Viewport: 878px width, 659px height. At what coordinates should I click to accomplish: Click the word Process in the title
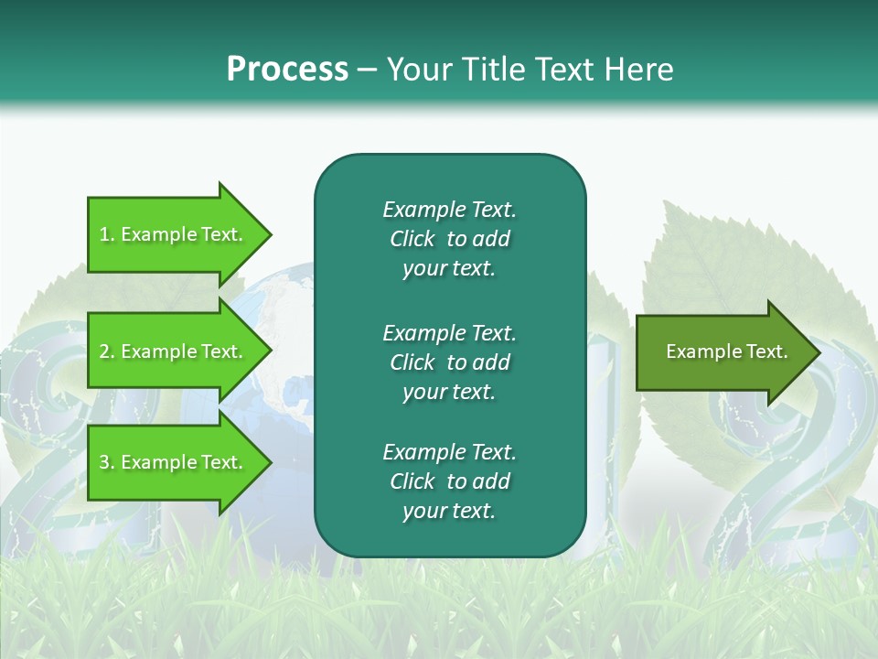coord(287,70)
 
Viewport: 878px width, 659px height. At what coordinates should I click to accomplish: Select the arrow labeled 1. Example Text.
coord(174,234)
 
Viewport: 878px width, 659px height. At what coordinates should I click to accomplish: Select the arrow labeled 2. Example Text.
coord(174,351)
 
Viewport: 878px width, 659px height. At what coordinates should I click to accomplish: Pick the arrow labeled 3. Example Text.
coord(174,462)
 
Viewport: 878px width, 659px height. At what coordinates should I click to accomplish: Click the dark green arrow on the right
coord(723,351)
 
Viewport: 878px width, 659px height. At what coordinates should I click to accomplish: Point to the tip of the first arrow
coord(270,234)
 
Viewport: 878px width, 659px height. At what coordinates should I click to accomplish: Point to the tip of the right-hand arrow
coord(820,351)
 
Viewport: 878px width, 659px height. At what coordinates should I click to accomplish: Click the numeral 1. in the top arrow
coord(106,234)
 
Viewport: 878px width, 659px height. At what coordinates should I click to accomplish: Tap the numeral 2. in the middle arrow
coord(106,351)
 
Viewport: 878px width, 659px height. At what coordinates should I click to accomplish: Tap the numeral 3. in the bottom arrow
coord(106,462)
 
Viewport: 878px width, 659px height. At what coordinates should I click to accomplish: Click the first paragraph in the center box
coord(449,239)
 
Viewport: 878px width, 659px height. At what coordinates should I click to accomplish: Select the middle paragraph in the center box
coord(449,362)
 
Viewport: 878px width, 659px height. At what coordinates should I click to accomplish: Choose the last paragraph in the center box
coord(449,481)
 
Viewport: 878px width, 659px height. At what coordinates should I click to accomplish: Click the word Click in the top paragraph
coord(412,239)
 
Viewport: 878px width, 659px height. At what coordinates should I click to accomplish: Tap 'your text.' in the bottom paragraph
coord(449,511)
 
